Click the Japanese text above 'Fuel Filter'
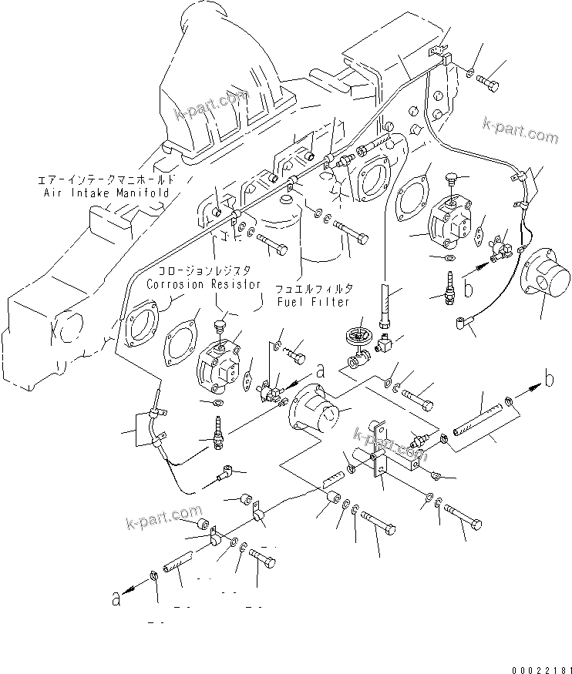pos(317,288)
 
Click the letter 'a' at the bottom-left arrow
pos(116,599)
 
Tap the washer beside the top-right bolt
pos(469,72)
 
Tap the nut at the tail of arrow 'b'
pos(509,400)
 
